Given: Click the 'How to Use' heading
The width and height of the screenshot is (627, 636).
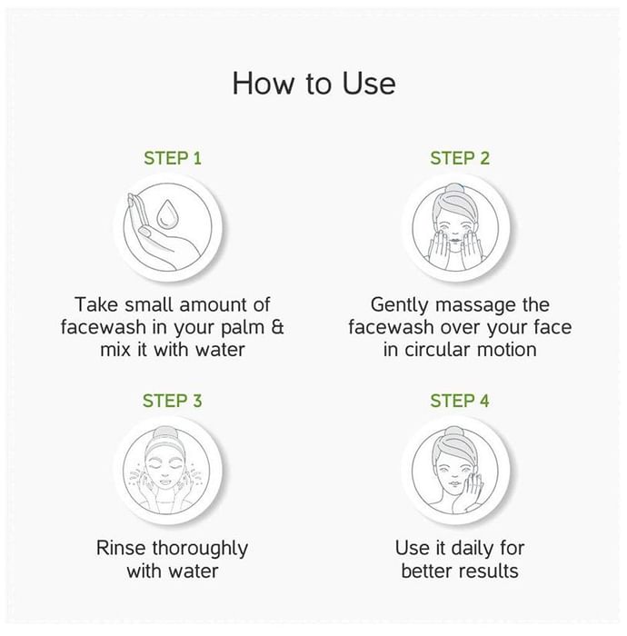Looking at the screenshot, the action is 313,84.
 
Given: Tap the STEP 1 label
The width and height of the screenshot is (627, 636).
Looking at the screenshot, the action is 173,158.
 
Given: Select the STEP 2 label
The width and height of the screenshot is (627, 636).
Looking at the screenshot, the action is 460,158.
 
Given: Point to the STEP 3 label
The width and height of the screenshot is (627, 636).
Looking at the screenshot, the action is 173,401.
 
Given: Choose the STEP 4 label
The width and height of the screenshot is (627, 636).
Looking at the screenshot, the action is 460,401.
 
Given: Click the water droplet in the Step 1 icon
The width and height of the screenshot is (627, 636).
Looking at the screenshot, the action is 166,214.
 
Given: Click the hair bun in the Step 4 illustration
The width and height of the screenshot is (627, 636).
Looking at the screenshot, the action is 453,432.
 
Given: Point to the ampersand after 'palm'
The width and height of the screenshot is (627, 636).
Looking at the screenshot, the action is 277,327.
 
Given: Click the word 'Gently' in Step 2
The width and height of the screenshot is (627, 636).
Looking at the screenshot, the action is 399,305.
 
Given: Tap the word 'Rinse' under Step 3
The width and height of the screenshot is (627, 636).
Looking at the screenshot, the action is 121,548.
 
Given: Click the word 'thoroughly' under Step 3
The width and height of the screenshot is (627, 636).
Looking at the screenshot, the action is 200,549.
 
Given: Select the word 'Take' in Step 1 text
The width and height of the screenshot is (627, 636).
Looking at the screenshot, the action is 95,304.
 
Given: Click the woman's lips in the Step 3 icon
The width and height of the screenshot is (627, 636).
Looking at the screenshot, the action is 164,482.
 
